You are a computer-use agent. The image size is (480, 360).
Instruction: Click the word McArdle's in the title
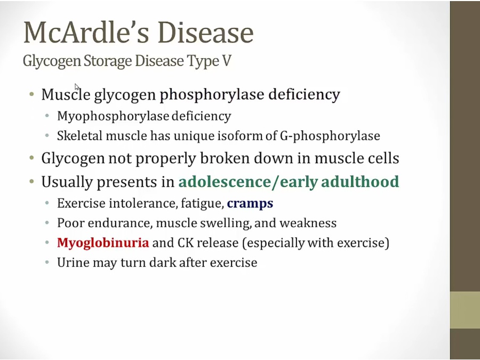tap(86, 32)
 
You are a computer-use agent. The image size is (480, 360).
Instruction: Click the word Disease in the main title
tap(206, 32)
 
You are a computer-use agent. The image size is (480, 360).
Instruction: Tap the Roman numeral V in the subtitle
tap(226, 61)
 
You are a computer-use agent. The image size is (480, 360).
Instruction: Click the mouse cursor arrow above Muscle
tap(76, 87)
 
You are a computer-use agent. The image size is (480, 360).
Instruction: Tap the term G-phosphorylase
tap(330, 136)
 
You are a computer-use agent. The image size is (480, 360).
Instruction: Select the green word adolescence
tap(225, 181)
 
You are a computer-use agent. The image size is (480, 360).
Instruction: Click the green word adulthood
tap(360, 181)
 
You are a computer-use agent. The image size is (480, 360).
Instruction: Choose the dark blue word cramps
tap(250, 204)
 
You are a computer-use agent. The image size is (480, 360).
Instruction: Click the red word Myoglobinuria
tap(103, 243)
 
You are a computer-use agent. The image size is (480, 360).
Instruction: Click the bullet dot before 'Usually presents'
tap(32, 181)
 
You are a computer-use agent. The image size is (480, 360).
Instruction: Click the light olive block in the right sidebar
tap(465, 310)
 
